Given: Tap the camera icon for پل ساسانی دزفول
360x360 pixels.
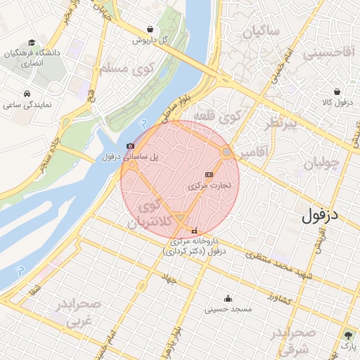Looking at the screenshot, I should [x=130, y=146].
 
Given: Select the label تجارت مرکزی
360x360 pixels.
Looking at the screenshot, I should [x=214, y=187].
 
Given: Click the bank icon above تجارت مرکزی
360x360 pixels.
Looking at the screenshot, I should [x=209, y=174].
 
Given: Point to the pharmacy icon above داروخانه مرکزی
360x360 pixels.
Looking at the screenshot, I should [x=194, y=231].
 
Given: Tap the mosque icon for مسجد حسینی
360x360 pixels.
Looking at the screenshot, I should [x=227, y=297].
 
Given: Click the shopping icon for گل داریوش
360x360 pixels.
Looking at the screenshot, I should [x=151, y=30].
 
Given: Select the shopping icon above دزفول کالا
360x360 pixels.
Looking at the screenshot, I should [x=337, y=91].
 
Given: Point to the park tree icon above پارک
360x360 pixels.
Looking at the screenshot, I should [x=348, y=335].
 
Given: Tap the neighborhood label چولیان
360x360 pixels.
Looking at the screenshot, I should [x=322, y=164].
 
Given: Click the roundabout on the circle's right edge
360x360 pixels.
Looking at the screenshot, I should [x=227, y=152].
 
